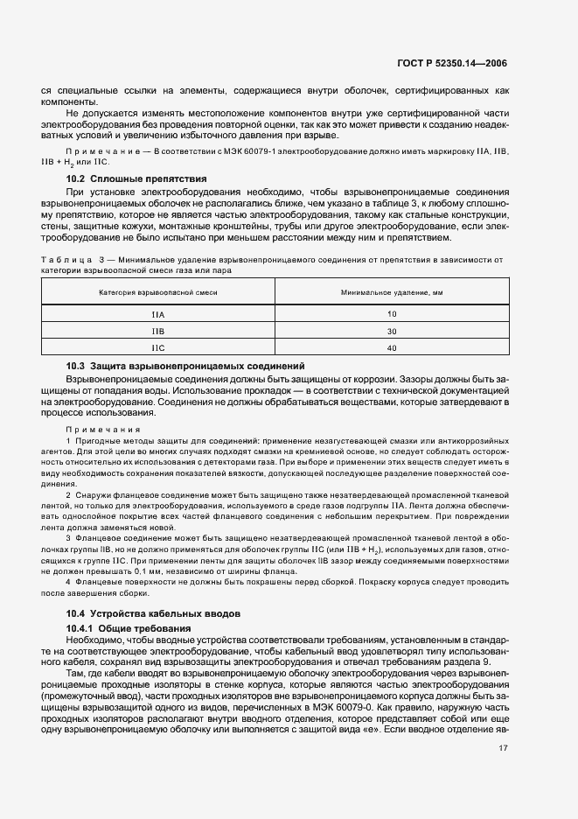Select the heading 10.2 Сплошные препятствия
coord(125,178)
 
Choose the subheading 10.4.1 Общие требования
coord(129,628)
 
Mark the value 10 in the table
coord(391,314)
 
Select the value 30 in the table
coord(391,331)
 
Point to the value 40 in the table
coord(391,347)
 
